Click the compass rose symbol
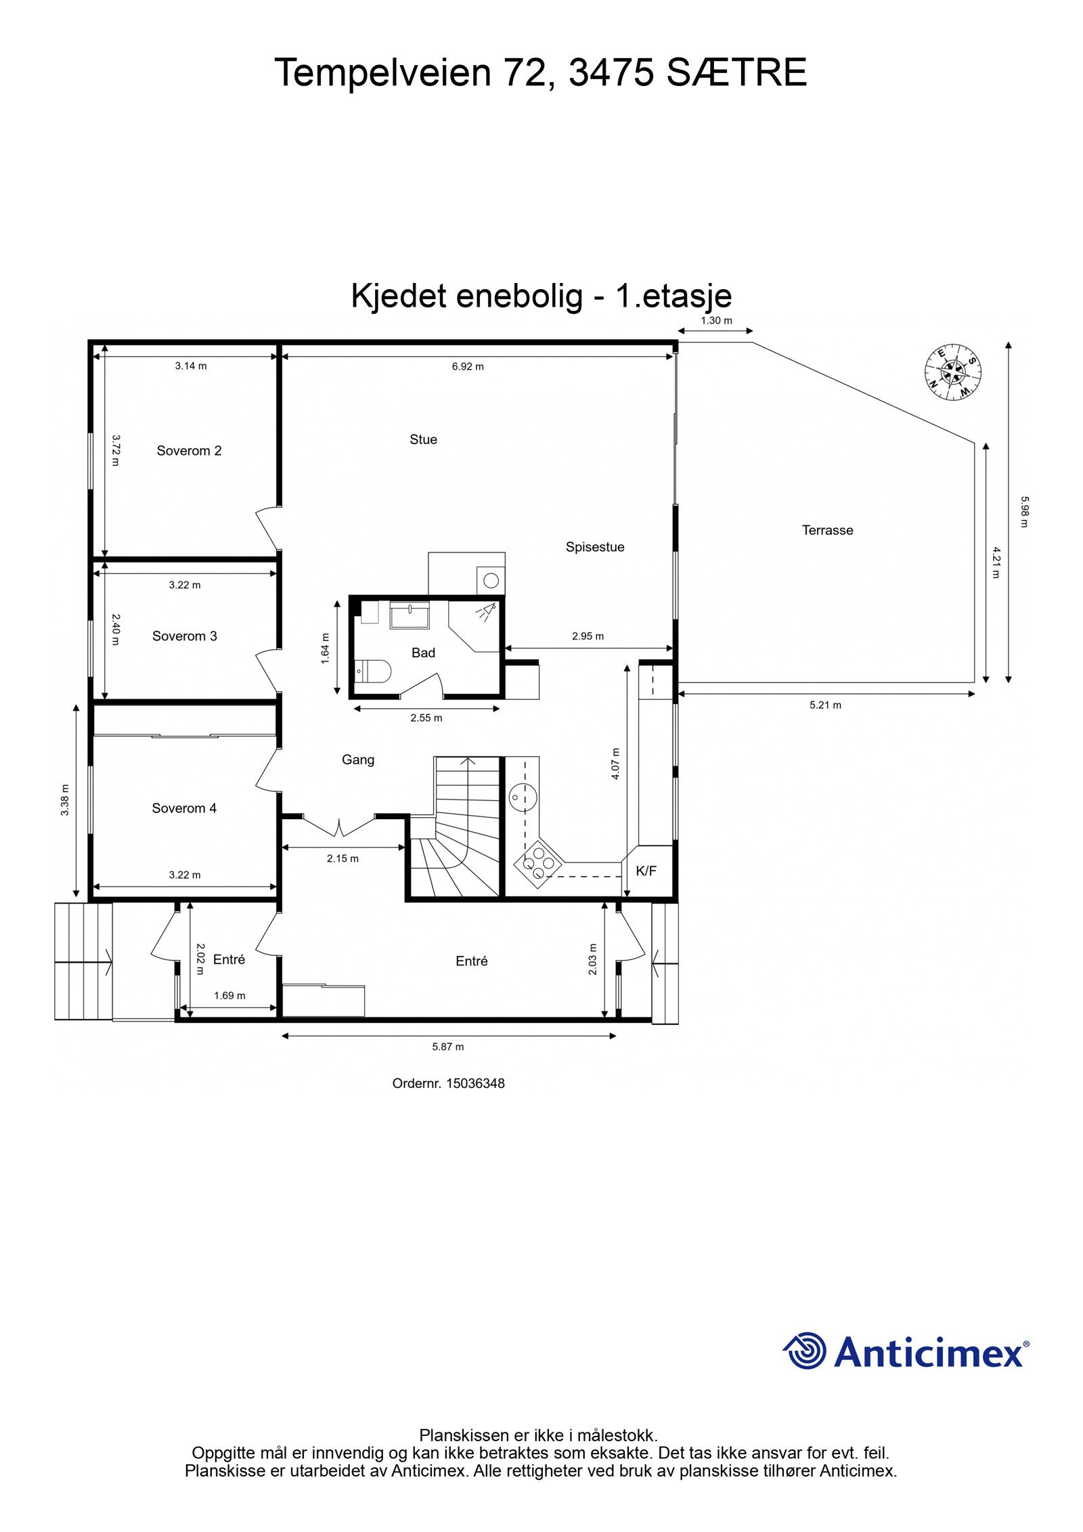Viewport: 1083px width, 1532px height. (x=953, y=371)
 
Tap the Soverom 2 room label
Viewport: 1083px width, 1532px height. (x=189, y=451)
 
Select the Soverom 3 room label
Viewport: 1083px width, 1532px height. (x=184, y=636)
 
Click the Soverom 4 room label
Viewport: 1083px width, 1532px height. (x=184, y=808)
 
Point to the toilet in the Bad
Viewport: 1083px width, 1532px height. (x=374, y=671)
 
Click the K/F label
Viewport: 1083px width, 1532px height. (x=646, y=871)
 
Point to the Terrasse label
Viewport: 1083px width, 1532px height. (x=827, y=530)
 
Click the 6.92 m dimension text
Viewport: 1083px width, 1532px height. (x=468, y=366)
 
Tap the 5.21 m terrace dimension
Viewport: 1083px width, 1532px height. (x=825, y=705)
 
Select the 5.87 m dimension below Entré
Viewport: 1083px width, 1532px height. (x=448, y=1047)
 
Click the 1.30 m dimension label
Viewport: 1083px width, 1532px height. (x=715, y=320)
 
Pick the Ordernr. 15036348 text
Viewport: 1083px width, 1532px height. (x=448, y=1083)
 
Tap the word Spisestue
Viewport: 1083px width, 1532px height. (x=595, y=547)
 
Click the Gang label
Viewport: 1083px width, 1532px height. (x=357, y=760)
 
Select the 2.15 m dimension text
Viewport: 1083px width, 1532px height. (x=342, y=858)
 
